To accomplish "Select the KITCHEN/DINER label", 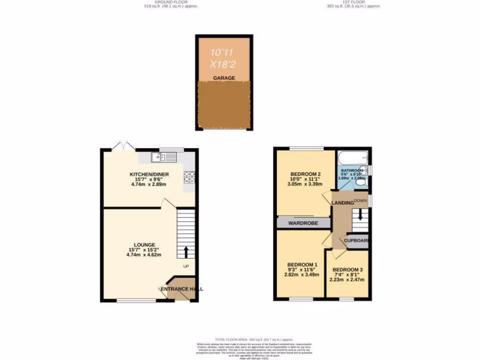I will (149, 175).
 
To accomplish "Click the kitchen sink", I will (164, 157).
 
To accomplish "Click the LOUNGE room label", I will (144, 245).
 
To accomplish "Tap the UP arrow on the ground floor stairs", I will (186, 252).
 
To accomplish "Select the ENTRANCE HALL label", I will (181, 289).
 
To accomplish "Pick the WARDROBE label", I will (304, 224).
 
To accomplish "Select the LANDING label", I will (343, 202).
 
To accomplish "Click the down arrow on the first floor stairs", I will (360, 215).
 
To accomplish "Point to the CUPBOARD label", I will (357, 240).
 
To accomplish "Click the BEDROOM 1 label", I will (302, 265).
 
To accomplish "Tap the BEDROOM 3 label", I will (347, 270).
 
